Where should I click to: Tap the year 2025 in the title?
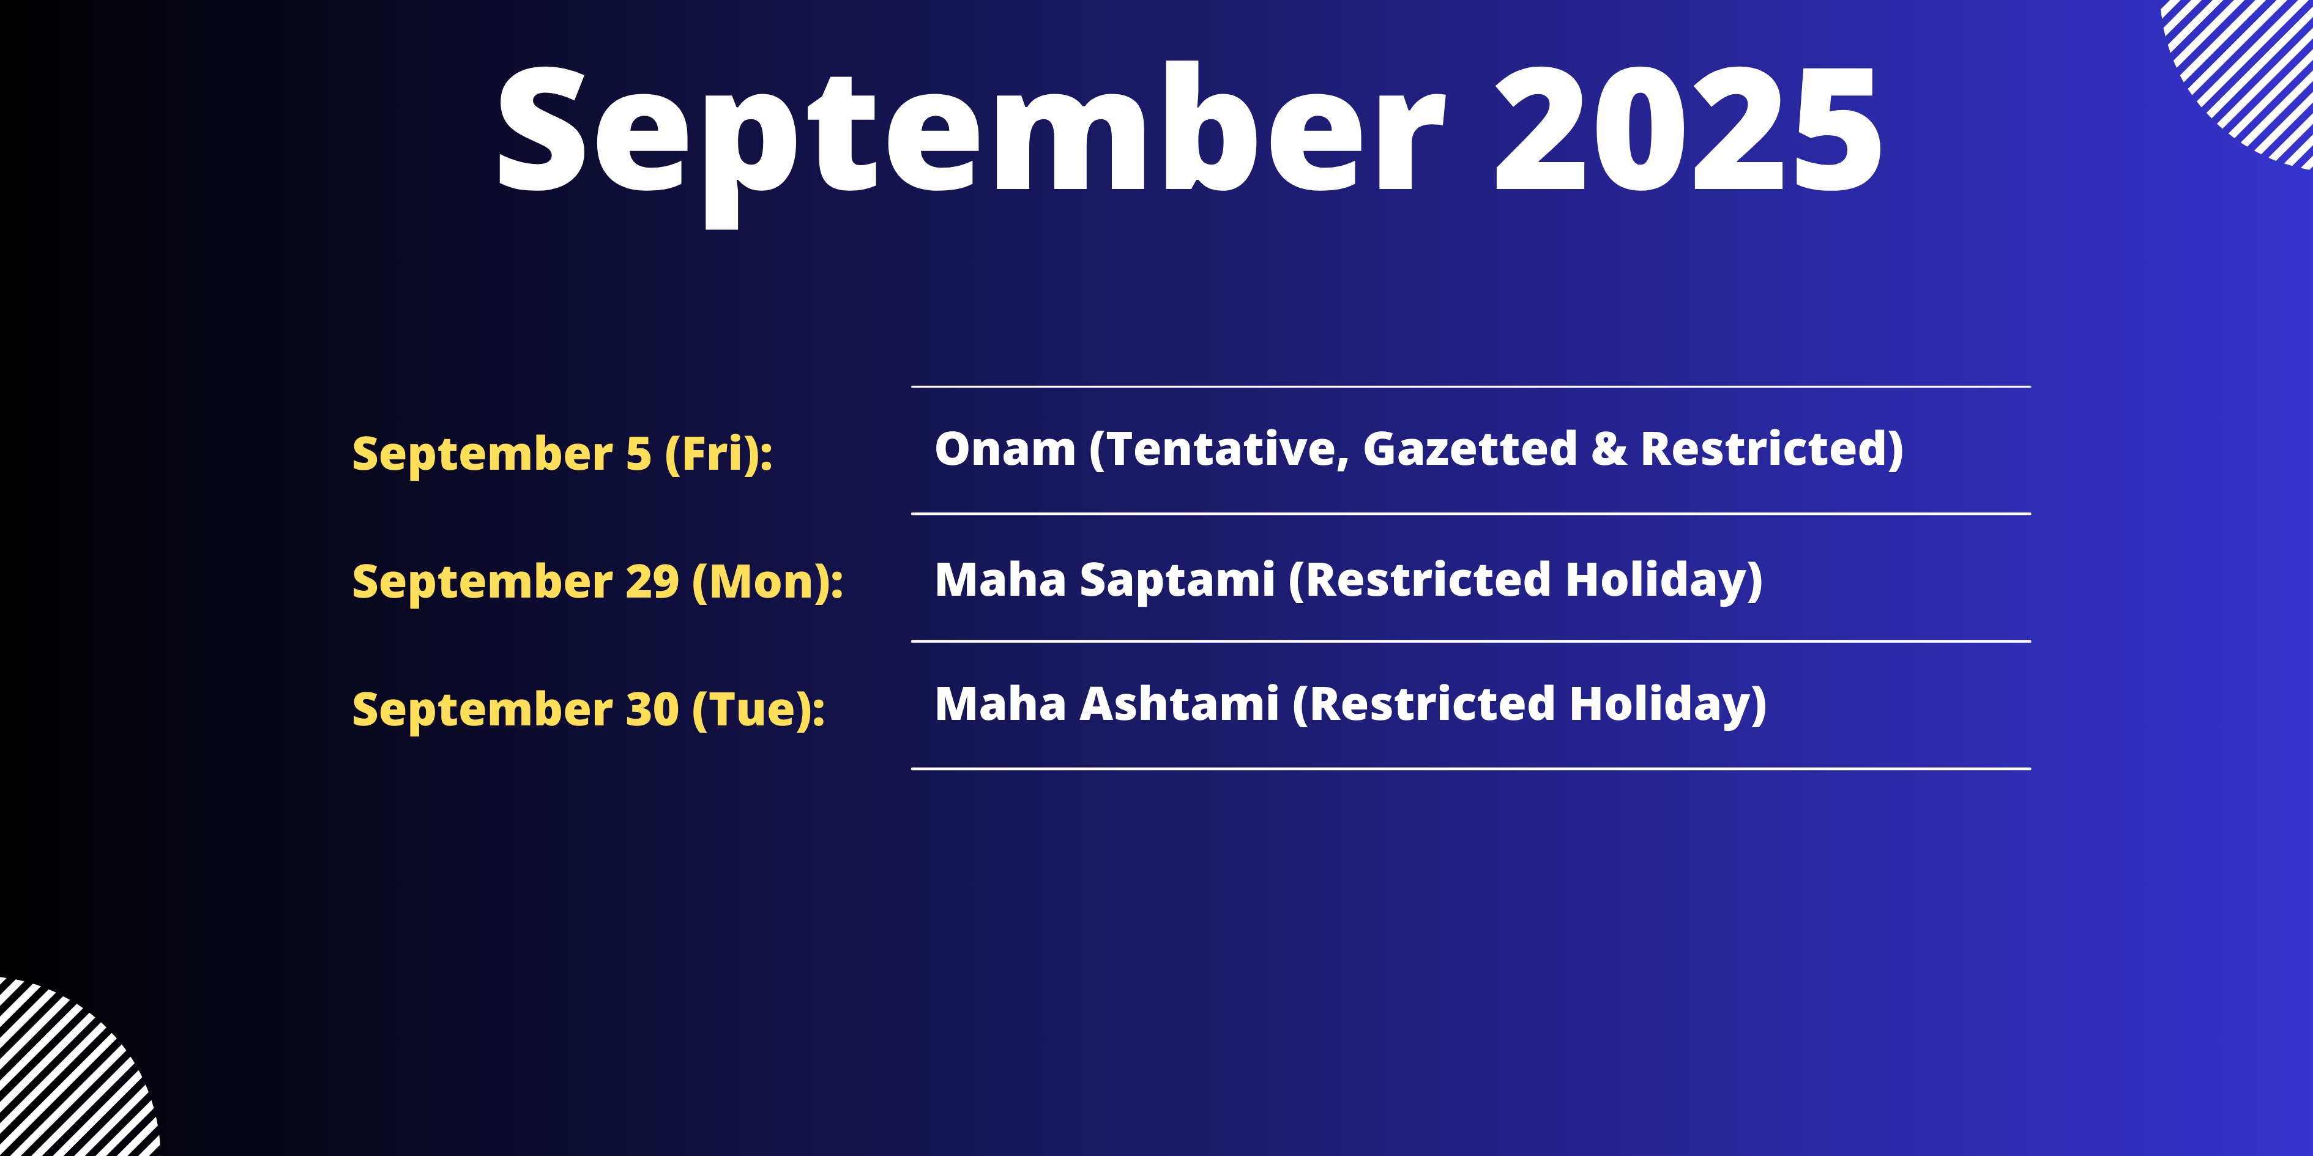click(x=1688, y=130)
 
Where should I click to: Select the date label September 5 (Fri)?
click(x=562, y=454)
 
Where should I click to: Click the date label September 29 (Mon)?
click(x=598, y=582)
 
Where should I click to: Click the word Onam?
click(x=1005, y=449)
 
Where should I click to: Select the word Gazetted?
click(x=1470, y=449)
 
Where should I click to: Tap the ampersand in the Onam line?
click(x=1608, y=450)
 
